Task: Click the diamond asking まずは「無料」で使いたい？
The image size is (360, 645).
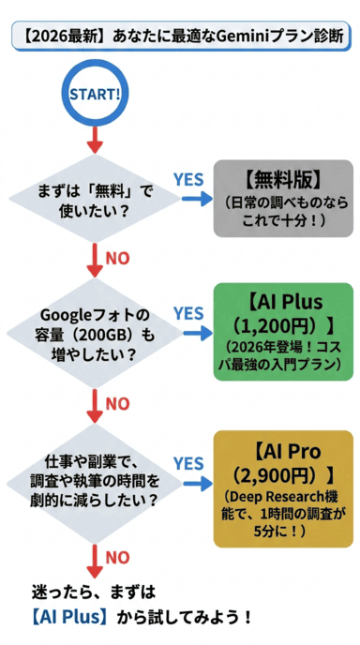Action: click(94, 201)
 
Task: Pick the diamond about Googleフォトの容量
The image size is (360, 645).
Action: click(94, 335)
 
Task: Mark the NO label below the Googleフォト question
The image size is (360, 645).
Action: click(117, 403)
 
